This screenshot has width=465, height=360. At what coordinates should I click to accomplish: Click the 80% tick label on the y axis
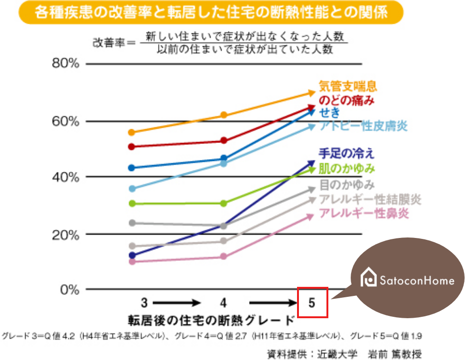click(65, 64)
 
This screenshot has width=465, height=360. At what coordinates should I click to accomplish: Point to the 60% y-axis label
click(65, 121)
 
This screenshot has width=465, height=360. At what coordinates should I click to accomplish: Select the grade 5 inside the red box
click(312, 303)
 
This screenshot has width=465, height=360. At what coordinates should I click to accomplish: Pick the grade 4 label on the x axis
click(223, 303)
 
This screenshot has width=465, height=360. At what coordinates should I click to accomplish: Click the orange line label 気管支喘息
click(348, 86)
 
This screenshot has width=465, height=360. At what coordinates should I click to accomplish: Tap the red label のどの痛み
click(346, 100)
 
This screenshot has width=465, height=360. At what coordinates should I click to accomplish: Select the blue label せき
click(329, 113)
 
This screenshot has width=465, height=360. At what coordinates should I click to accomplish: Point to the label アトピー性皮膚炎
click(363, 126)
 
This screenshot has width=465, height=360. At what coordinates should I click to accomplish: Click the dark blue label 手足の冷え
click(346, 153)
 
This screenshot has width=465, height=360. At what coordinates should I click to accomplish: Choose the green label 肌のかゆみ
click(347, 168)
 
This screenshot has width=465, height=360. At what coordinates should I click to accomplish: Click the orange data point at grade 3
click(132, 132)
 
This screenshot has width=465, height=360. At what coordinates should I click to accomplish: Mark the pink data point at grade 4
click(224, 257)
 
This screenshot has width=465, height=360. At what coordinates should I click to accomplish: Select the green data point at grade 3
click(132, 204)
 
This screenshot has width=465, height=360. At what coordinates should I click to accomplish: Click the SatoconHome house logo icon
click(368, 279)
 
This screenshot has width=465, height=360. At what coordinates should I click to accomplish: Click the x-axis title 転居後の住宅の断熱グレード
click(211, 319)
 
